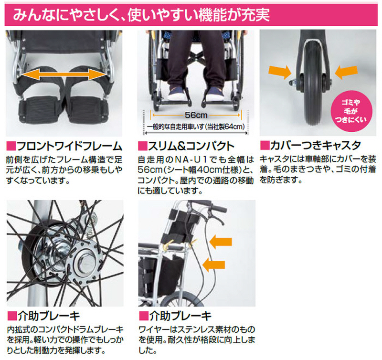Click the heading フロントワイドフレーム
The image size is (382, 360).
point(69,146)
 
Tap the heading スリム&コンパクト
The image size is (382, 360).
point(191,146)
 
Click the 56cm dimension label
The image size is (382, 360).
point(196,115)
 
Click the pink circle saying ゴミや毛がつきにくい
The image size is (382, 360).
point(351,111)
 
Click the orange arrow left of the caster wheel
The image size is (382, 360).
point(280,72)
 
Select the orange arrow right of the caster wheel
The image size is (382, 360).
point(346,72)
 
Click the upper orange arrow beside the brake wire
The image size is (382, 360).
point(221,242)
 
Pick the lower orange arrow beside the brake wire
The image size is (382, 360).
point(213,265)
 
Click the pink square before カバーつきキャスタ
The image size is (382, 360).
point(265,146)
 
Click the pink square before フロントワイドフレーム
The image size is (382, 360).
point(11,146)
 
